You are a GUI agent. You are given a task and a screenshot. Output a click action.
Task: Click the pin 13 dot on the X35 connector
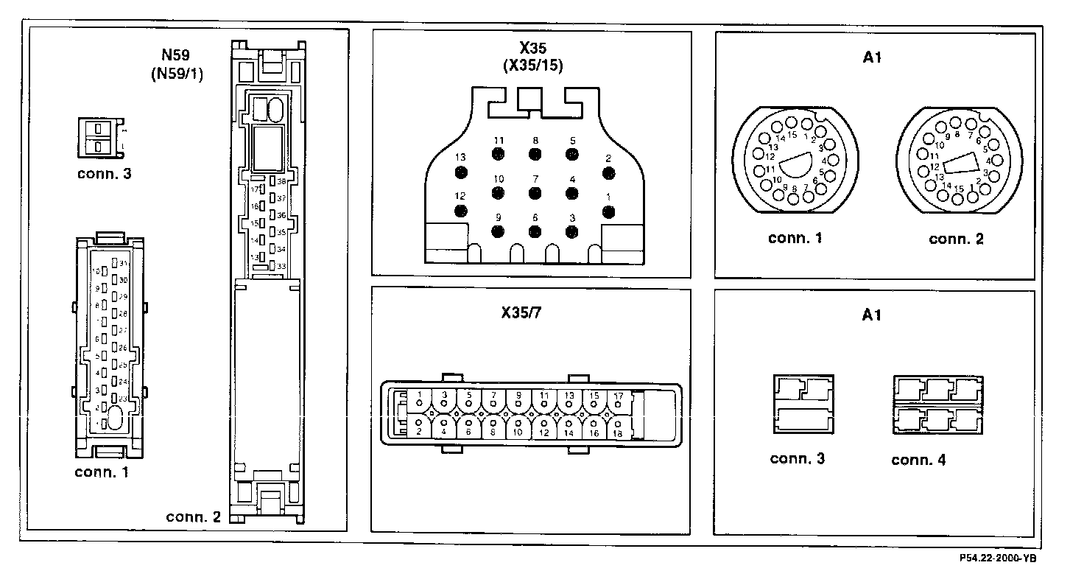461,172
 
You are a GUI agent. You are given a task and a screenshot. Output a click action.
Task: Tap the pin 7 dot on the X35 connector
535,192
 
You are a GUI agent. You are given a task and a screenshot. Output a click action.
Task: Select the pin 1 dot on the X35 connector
608,211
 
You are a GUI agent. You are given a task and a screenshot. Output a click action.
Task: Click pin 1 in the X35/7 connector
419,402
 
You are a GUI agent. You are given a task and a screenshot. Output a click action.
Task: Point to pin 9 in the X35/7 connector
518,402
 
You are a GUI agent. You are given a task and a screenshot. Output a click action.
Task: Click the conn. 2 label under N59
193,517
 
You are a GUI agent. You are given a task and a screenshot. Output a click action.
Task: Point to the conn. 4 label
918,460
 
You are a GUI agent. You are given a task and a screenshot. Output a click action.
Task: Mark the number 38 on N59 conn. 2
281,181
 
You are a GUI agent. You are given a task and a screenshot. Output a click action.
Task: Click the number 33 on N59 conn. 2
281,266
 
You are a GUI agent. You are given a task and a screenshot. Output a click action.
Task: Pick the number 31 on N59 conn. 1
124,264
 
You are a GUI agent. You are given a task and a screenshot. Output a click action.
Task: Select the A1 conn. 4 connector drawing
937,404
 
